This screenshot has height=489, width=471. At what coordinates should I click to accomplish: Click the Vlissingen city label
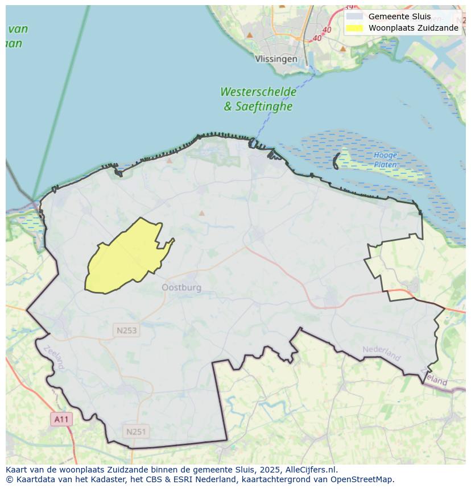276,58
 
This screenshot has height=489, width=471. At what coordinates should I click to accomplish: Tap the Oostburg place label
181,287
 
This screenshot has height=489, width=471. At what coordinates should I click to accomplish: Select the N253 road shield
126,331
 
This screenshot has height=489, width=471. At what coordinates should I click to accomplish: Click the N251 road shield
136,432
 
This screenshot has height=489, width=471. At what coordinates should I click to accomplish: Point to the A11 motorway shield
61,420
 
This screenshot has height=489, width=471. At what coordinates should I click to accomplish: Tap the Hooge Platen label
385,160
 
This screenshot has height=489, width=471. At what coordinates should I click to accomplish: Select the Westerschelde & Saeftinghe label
258,99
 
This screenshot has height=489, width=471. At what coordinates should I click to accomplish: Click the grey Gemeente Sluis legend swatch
354,16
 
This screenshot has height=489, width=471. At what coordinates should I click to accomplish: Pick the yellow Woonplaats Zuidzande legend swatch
354,28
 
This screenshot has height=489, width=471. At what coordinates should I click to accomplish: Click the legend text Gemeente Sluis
399,16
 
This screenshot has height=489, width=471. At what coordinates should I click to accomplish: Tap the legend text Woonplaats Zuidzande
413,28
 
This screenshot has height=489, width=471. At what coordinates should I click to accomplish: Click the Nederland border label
382,352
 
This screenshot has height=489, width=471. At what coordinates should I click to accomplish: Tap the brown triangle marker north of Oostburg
201,214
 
